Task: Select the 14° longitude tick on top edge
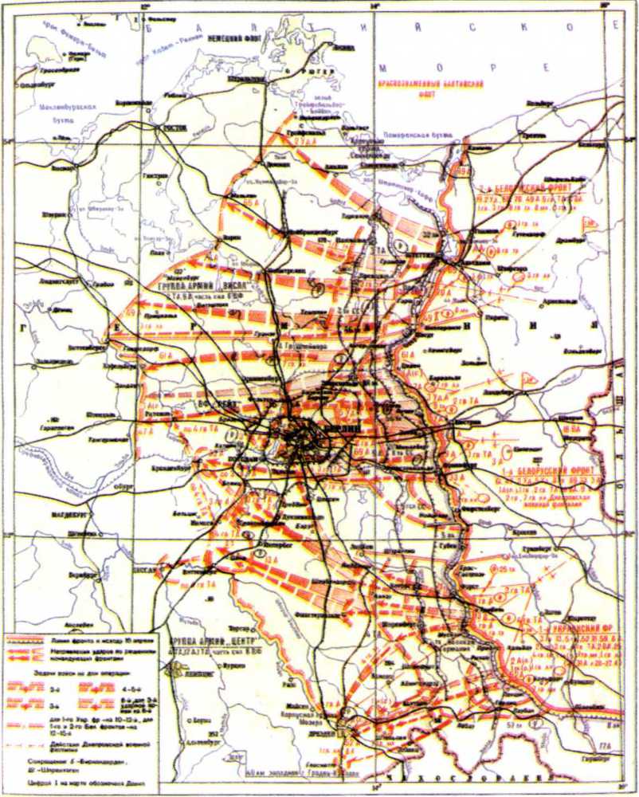[376, 6]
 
